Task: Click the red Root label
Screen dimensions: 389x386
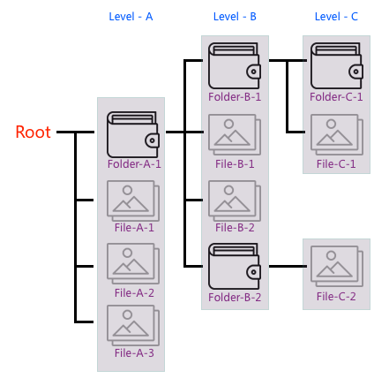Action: pos(33,132)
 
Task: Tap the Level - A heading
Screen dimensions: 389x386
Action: pos(131,17)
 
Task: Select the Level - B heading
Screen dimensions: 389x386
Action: pos(235,17)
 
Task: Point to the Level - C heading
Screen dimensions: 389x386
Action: pos(336,17)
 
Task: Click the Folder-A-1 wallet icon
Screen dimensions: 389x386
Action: pos(133,134)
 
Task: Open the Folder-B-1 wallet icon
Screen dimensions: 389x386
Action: pos(235,65)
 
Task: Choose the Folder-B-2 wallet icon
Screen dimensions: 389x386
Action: pos(235,266)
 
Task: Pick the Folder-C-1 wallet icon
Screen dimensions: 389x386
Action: pos(337,65)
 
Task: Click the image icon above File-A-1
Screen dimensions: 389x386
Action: pos(133,201)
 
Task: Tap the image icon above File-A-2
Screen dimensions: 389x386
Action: pos(133,263)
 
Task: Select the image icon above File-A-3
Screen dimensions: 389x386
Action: pos(133,325)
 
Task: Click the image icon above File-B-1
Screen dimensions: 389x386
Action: pos(235,134)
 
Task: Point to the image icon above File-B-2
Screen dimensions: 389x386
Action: pos(235,201)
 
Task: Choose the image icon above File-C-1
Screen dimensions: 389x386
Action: pos(337,134)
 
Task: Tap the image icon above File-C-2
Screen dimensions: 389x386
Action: pos(337,266)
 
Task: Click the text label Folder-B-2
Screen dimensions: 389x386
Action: pos(235,298)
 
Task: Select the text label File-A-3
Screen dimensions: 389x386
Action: pos(134,352)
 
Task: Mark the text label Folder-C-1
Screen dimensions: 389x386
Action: pos(336,97)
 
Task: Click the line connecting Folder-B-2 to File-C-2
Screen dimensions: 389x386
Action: pos(288,267)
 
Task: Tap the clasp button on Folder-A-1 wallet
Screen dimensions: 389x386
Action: pos(152,140)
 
